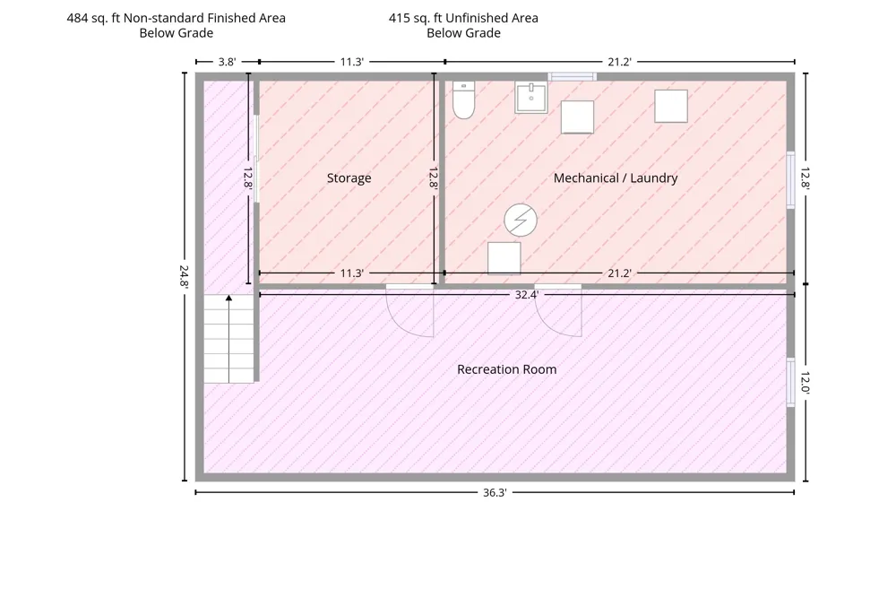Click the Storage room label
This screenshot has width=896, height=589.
click(349, 178)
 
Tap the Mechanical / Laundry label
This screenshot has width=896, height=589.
click(616, 178)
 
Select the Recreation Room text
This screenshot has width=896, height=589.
click(507, 369)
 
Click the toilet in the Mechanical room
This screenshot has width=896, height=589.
click(463, 100)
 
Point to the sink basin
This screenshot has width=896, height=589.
click(530, 98)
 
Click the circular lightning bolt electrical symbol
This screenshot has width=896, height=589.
click(520, 220)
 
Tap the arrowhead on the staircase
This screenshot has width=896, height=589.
click(228, 298)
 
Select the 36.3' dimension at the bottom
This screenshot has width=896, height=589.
click(495, 492)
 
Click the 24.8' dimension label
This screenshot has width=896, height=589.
click(184, 275)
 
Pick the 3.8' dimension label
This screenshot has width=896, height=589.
click(227, 62)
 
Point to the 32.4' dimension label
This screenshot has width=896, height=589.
click(526, 294)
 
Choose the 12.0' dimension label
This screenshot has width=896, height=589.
click(806, 383)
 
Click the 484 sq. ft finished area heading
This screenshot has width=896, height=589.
click(176, 25)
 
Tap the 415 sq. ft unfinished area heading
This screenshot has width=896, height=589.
click(463, 25)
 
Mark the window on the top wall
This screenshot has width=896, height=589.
click(573, 76)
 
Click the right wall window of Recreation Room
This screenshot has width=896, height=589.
click(791, 383)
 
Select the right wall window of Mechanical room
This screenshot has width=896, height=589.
click(791, 180)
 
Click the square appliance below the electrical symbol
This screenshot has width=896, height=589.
click(504, 258)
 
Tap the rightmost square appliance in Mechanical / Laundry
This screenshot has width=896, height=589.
click(671, 106)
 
